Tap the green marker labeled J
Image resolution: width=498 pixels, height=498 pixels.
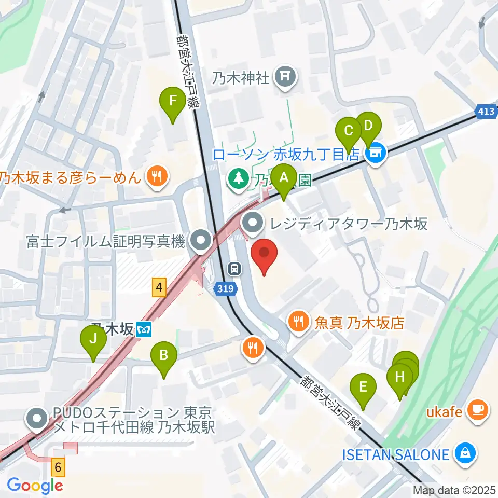[x=93, y=340]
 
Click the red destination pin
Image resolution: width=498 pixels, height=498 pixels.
[x=264, y=255]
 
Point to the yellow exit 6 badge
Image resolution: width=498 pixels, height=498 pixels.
[x=58, y=467]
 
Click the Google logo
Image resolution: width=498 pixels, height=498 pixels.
[x=35, y=486]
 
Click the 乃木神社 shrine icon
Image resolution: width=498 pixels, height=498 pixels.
[x=285, y=78]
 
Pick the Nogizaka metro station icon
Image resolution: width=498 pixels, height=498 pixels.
[x=144, y=329]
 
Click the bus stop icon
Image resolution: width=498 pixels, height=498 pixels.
[x=235, y=268]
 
